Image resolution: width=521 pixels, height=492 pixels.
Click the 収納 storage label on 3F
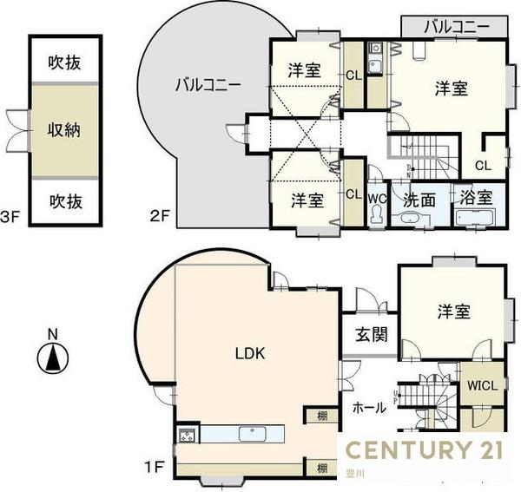click(65, 130)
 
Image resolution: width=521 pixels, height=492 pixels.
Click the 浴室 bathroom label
click(473, 197)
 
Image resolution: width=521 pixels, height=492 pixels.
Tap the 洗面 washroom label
click(419, 198)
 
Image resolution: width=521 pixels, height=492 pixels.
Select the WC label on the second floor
click(376, 198)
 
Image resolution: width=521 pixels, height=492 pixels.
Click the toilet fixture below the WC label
click(376, 216)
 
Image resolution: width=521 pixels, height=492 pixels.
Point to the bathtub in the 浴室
click(473, 216)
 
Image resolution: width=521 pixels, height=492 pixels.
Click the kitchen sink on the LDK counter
click(247, 433)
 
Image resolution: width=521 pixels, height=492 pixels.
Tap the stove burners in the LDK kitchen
click(188, 434)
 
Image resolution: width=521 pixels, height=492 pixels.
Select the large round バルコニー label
click(208, 85)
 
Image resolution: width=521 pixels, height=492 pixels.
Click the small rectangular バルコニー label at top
click(453, 26)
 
